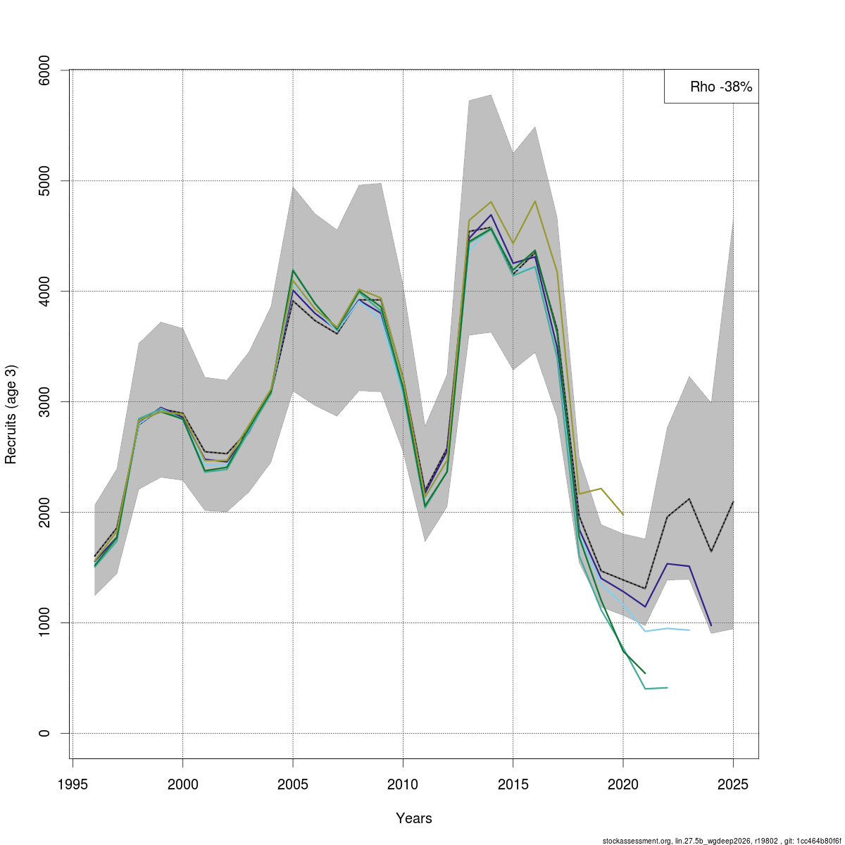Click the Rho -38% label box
point(711,87)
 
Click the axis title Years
point(414,818)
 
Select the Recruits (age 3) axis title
point(11,414)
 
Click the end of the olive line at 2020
point(623,515)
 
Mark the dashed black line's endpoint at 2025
point(733,501)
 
